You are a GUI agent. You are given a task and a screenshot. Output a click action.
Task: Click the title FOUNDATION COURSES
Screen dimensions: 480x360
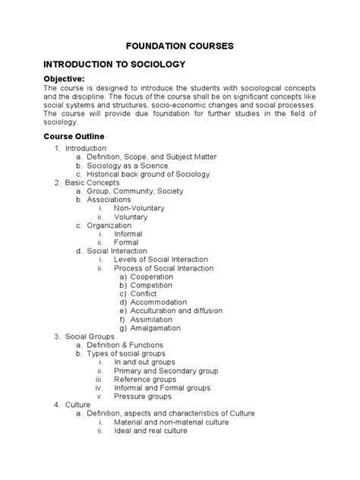click(x=179, y=46)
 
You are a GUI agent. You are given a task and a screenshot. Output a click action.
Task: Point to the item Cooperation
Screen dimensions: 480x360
click(x=151, y=277)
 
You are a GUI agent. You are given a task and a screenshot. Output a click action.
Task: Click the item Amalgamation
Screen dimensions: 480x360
click(x=155, y=328)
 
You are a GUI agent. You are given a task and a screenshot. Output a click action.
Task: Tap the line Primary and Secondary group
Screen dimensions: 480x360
click(x=166, y=371)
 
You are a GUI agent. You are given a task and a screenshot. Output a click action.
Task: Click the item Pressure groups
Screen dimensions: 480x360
click(x=143, y=396)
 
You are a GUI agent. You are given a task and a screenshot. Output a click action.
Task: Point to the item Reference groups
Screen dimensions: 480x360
click(x=144, y=380)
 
